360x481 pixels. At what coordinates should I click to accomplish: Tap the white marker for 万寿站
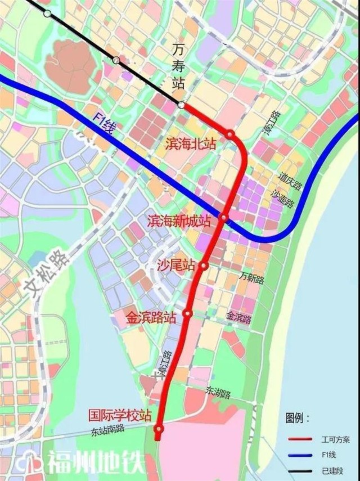tap(181, 105)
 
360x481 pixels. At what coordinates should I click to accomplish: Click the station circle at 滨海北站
tap(230, 134)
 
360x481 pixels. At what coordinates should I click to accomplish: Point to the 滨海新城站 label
tap(179, 221)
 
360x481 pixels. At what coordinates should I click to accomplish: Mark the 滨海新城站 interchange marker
tap(224, 218)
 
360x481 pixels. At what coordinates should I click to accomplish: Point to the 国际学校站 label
tap(120, 416)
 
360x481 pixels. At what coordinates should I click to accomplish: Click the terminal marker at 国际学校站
tap(159, 430)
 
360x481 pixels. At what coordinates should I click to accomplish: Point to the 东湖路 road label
tap(218, 392)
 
